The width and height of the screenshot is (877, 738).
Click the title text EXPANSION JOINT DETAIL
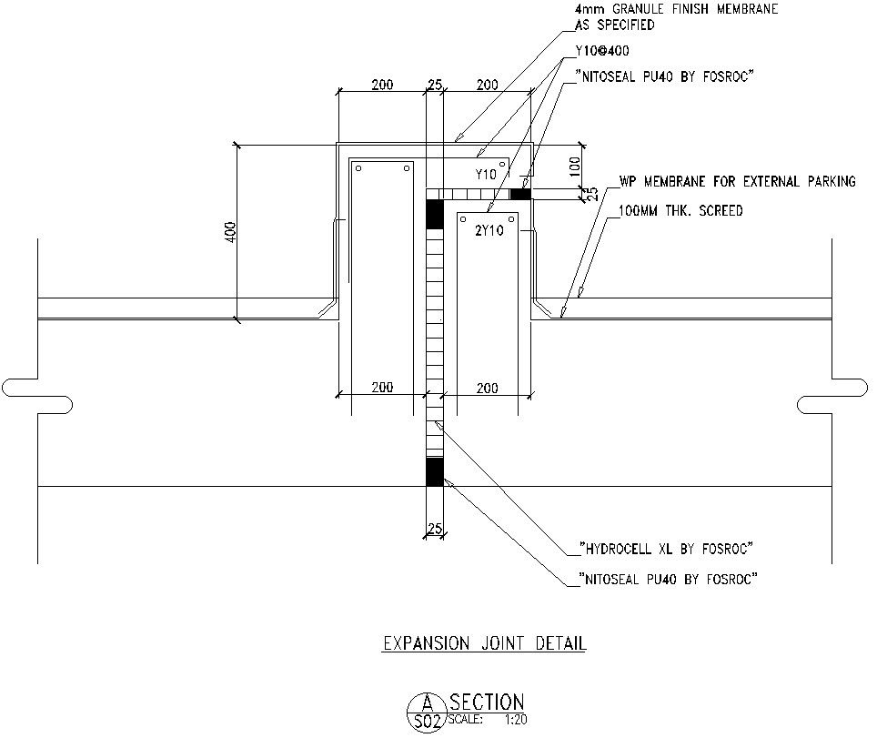pos(484,644)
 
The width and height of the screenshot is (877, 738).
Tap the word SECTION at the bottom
pos(487,702)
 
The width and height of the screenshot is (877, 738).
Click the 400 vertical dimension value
pos(230,231)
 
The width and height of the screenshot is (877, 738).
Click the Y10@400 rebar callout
pos(601,52)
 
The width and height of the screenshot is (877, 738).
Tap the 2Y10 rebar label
pos(489,230)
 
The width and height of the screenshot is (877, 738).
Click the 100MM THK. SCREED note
pos(680,211)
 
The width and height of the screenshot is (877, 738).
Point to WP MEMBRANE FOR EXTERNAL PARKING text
pos(737,182)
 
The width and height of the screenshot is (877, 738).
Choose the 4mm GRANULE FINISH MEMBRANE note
pos(676,9)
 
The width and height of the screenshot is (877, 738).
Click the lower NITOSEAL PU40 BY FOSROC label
pos(669,579)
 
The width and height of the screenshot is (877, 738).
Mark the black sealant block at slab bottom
pos(435,472)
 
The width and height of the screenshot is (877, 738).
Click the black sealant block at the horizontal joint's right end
pos(520,194)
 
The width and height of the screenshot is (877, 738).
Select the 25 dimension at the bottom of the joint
pos(434,529)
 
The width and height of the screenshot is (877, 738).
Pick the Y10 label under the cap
pos(486,174)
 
